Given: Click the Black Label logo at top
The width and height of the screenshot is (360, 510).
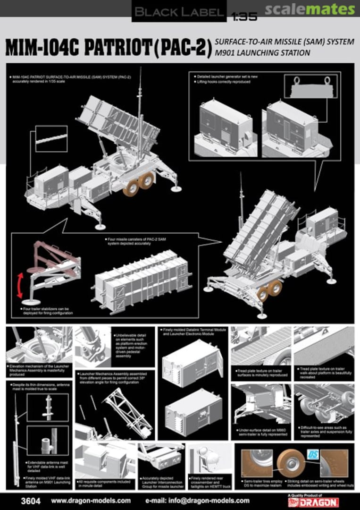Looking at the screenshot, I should coord(178,11).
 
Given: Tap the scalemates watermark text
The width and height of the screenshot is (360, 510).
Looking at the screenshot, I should coord(310,9).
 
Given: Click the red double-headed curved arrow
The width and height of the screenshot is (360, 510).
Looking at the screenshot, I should coord(19,285).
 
